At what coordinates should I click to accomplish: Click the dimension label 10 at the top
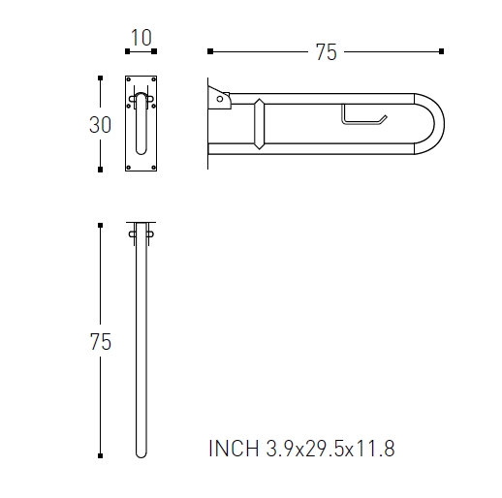click(x=141, y=38)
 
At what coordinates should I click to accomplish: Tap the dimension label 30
click(x=100, y=125)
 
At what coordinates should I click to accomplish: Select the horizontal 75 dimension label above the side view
click(x=326, y=52)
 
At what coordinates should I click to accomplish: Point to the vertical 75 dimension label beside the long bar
click(x=101, y=342)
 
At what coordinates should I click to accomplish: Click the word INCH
click(x=234, y=449)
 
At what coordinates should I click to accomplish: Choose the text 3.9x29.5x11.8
click(x=330, y=449)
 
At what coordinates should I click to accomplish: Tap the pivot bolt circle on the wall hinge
click(x=220, y=99)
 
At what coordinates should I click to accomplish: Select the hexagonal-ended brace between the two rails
click(x=259, y=124)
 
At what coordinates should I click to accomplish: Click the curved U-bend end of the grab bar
click(x=439, y=124)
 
